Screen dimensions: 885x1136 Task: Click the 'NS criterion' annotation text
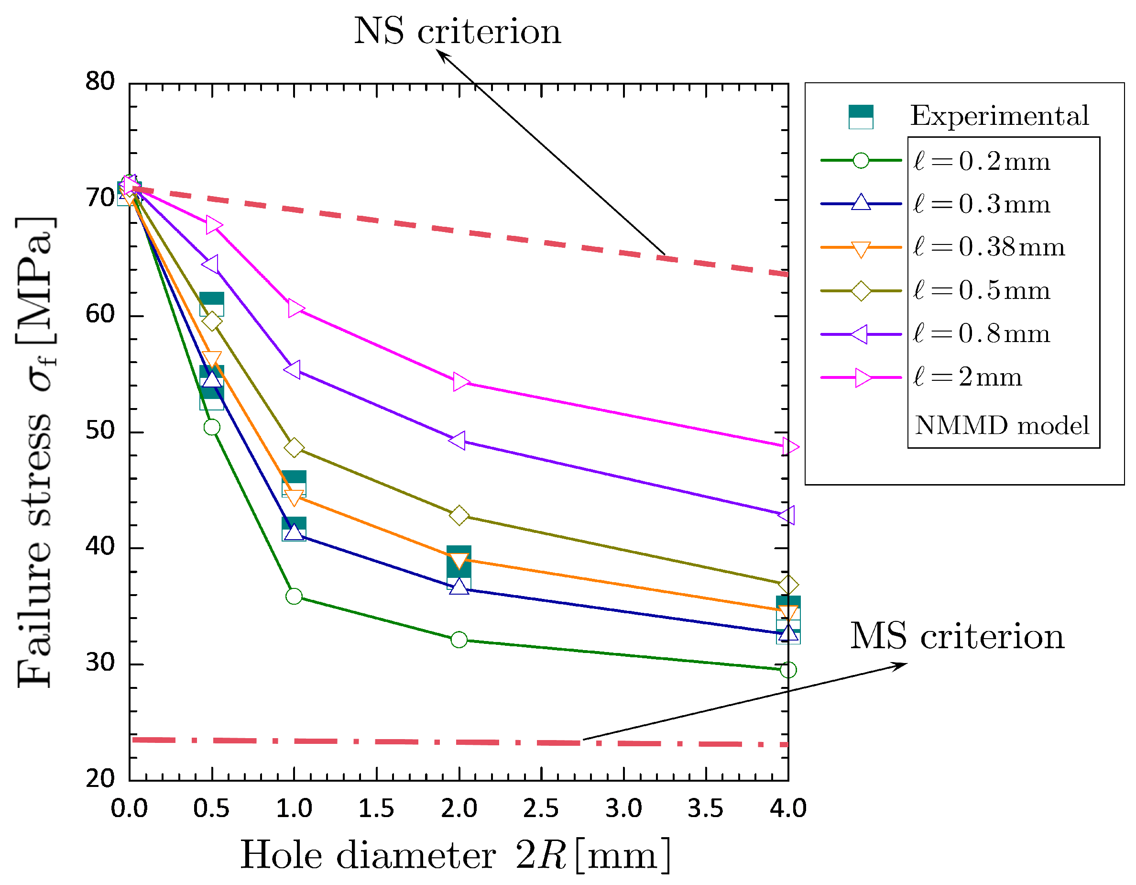pos(457,31)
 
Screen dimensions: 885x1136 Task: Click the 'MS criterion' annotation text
pos(957,636)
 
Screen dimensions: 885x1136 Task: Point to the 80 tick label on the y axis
pos(100,82)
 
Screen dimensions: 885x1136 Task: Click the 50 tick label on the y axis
pos(100,431)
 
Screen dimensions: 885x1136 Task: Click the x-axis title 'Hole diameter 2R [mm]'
pos(456,855)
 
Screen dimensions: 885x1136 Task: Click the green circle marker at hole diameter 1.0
pos(294,596)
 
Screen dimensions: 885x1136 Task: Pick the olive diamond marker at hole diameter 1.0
pos(294,447)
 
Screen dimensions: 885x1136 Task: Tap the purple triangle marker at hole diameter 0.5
pos(211,264)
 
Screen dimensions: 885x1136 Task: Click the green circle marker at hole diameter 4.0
pos(788,670)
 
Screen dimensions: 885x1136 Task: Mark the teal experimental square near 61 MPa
pos(212,304)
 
